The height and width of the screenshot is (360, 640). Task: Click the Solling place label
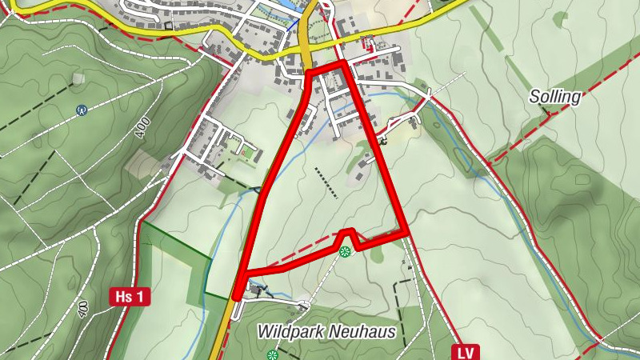tap(554, 97)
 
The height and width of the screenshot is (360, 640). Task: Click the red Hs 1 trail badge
tap(129, 297)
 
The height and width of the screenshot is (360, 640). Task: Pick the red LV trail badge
tap(466, 351)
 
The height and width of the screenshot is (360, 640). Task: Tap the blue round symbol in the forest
tap(81, 110)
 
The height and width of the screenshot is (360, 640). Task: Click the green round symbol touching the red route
tap(345, 252)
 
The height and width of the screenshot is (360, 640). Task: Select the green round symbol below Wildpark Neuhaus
tap(272, 354)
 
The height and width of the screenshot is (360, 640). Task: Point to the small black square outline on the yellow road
tap(168, 25)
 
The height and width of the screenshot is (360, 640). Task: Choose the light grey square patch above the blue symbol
tap(78, 78)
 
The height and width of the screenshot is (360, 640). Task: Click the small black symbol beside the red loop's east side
tap(383, 142)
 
